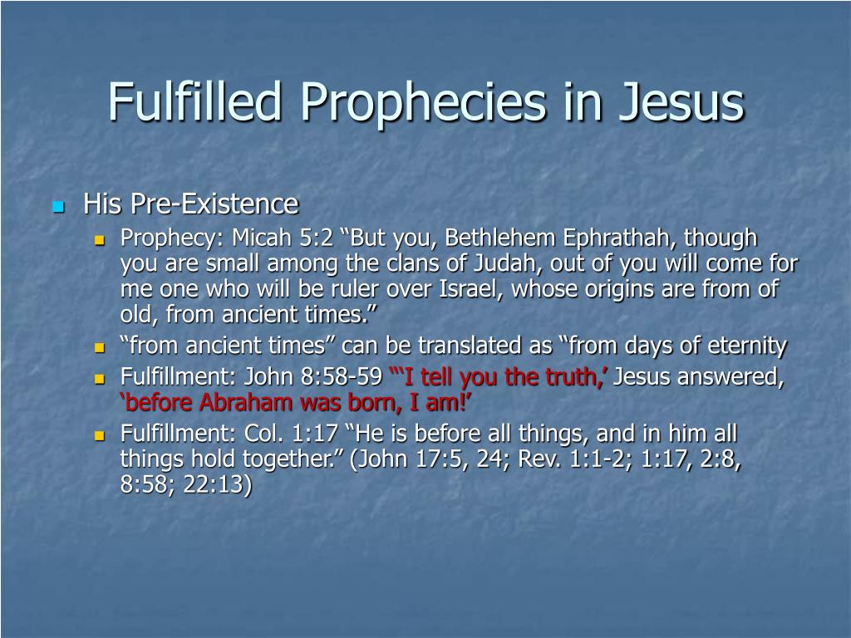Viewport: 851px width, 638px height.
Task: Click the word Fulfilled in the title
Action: pos(195,101)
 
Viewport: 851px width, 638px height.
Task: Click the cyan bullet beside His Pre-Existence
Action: pos(59,207)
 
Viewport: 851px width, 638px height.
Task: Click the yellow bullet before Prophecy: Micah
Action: pos(100,240)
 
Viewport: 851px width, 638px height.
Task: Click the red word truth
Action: pos(574,376)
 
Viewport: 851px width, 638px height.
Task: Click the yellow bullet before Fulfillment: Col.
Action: pos(100,435)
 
